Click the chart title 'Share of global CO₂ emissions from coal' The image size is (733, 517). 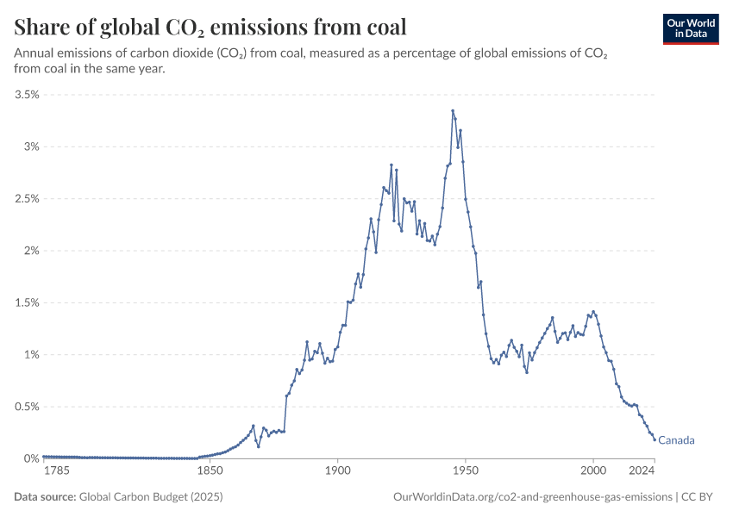pyautogui.click(x=210, y=27)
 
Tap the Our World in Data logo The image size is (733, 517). pyautogui.click(x=690, y=28)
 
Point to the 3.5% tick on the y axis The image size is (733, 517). pyautogui.click(x=28, y=95)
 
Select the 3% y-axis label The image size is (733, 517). pyautogui.click(x=31, y=146)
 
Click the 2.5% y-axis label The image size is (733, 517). pyautogui.click(x=28, y=199)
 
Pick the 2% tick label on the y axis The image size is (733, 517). pyautogui.click(x=31, y=251)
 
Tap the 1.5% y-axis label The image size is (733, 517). pyautogui.click(x=28, y=302)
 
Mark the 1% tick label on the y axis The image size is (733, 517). pyautogui.click(x=31, y=355)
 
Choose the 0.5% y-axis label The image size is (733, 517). pyautogui.click(x=28, y=407)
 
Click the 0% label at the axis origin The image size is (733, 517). pyautogui.click(x=31, y=458)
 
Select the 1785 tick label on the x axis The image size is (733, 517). pyautogui.click(x=57, y=472)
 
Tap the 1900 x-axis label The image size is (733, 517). pyautogui.click(x=337, y=472)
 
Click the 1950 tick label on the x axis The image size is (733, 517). pyautogui.click(x=466, y=472)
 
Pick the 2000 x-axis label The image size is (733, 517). pyautogui.click(x=593, y=472)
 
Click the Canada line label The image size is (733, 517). pyautogui.click(x=676, y=440)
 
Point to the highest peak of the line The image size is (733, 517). pyautogui.click(x=453, y=110)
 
